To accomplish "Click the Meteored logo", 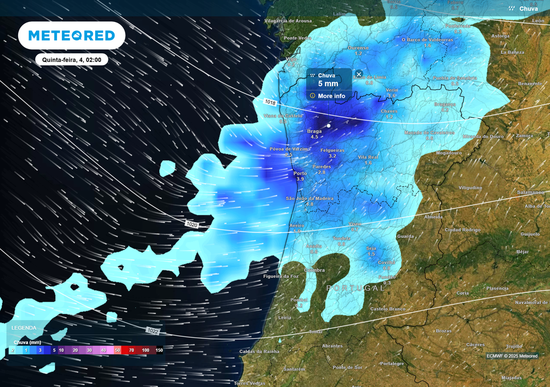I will pyautogui.click(x=71, y=35).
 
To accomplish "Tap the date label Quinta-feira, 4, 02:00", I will pyautogui.click(x=72, y=60).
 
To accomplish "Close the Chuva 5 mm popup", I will pyautogui.click(x=359, y=74).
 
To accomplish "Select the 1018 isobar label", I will pyautogui.click(x=270, y=102).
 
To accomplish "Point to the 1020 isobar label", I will pyautogui.click(x=191, y=224).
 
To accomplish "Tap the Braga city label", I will pyautogui.click(x=314, y=131).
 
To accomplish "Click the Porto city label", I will pyautogui.click(x=300, y=173).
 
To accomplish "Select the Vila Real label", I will pyautogui.click(x=368, y=157).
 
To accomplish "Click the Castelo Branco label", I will pyautogui.click(x=387, y=309).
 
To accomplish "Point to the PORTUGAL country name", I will pyautogui.click(x=356, y=288).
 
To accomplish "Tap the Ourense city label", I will pyautogui.click(x=358, y=48).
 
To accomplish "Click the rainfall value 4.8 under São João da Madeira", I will pyautogui.click(x=309, y=204).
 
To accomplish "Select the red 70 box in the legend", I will pyautogui.click(x=132, y=350).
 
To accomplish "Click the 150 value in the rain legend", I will pyautogui.click(x=159, y=350).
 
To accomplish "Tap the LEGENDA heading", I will pyautogui.click(x=24, y=327).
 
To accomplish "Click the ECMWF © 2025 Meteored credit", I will pyautogui.click(x=512, y=356).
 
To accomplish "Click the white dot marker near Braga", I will pyautogui.click(x=329, y=126).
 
